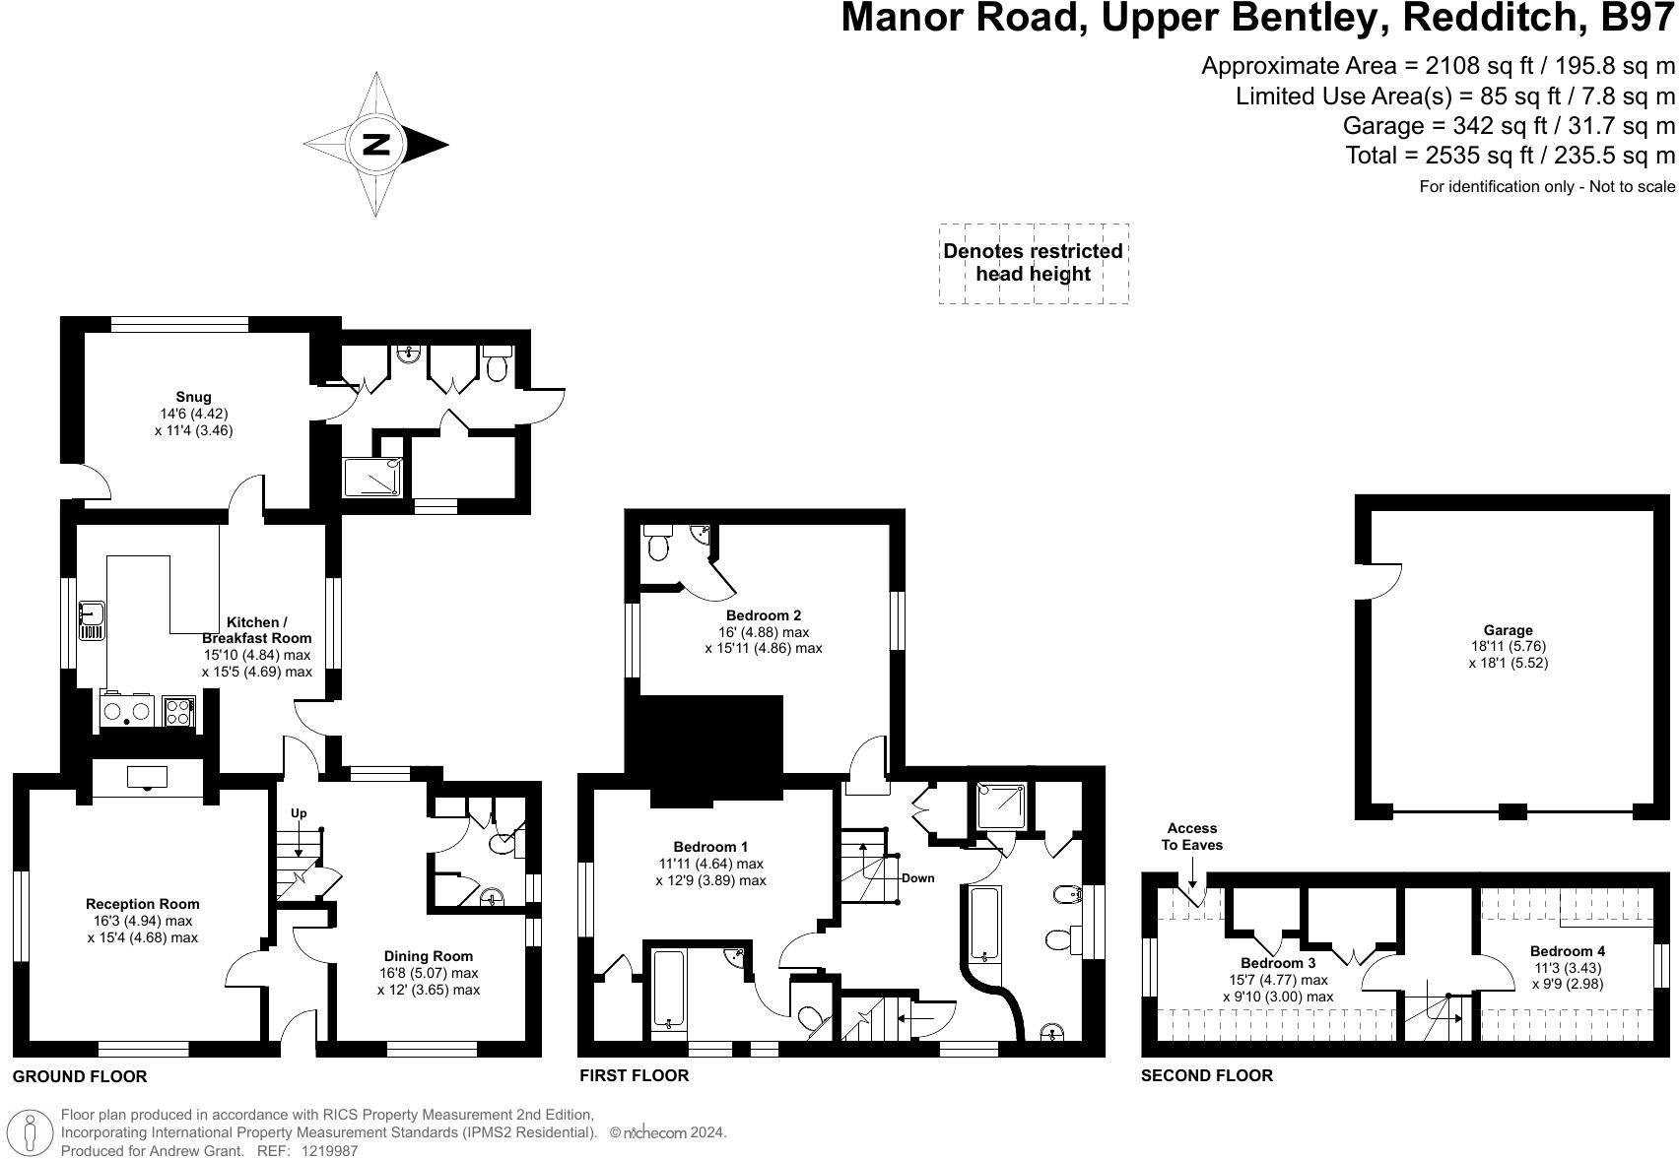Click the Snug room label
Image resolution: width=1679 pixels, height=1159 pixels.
[194, 397]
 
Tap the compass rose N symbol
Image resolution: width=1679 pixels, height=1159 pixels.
[376, 144]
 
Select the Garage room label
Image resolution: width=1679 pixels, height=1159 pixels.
[1508, 630]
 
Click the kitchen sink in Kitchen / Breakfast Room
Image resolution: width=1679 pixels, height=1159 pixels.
[92, 619]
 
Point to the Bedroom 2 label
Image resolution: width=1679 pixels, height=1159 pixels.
[763, 615]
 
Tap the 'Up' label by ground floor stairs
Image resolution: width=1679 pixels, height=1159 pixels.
[299, 813]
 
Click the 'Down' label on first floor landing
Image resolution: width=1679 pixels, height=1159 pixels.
[916, 877]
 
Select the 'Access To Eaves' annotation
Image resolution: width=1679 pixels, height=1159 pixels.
[1191, 836]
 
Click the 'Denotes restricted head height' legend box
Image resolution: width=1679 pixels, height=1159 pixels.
[1033, 263]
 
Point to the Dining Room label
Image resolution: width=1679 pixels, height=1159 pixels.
[428, 955]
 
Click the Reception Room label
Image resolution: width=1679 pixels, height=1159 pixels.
[142, 904]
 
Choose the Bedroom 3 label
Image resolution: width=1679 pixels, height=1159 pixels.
[1277, 963]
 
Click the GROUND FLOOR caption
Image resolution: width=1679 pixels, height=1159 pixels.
[80, 1076]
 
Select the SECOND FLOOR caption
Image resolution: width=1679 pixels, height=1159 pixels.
[1206, 1075]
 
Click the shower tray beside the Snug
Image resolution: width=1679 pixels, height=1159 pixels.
[372, 478]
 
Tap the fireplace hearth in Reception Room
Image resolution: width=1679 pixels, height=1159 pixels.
[147, 779]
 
